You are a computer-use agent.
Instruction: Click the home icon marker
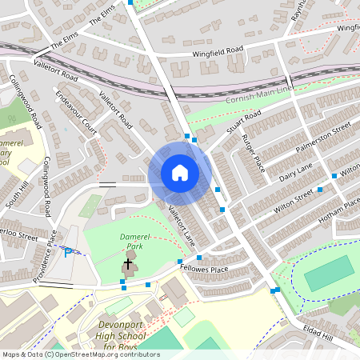pyautogui.click(x=180, y=173)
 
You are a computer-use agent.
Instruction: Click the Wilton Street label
pyautogui.click(x=293, y=200)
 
